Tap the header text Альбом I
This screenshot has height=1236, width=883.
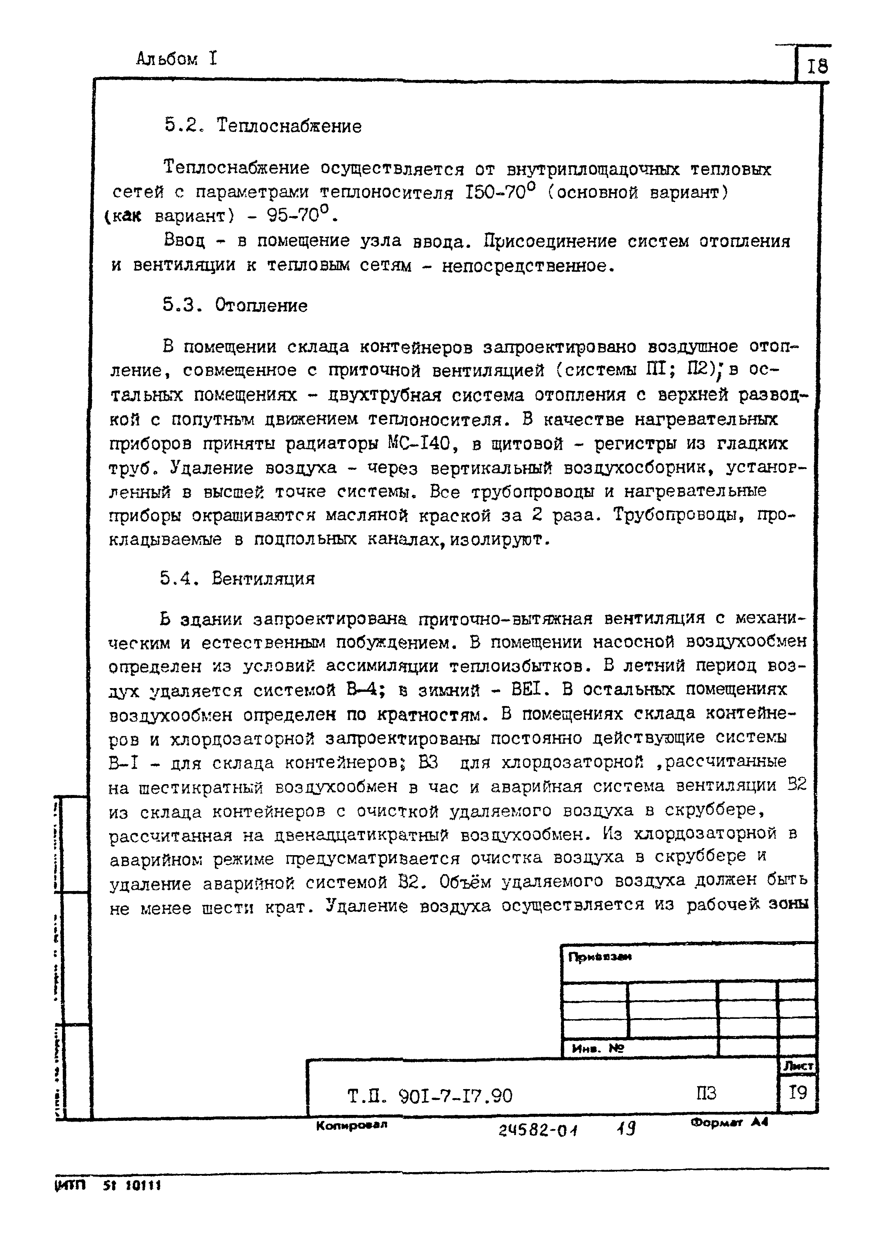click(x=177, y=59)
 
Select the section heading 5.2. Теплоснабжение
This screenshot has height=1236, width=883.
click(x=263, y=126)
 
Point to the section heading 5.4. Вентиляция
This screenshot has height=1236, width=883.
click(x=238, y=578)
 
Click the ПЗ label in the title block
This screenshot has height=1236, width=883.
click(x=706, y=1093)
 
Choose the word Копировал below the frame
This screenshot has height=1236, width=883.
click(x=351, y=1125)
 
